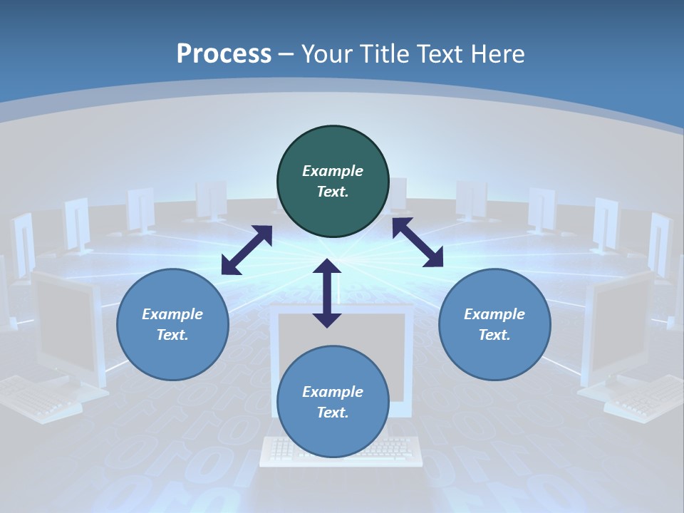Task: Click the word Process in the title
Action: tap(224, 53)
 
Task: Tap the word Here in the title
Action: tap(498, 53)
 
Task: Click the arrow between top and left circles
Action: tap(247, 250)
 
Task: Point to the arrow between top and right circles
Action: tap(418, 242)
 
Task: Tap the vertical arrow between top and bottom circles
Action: tap(327, 294)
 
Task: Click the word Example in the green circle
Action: tap(333, 171)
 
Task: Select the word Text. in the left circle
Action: tap(172, 335)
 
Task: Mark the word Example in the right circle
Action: tap(494, 314)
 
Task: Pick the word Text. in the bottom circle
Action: tap(333, 413)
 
